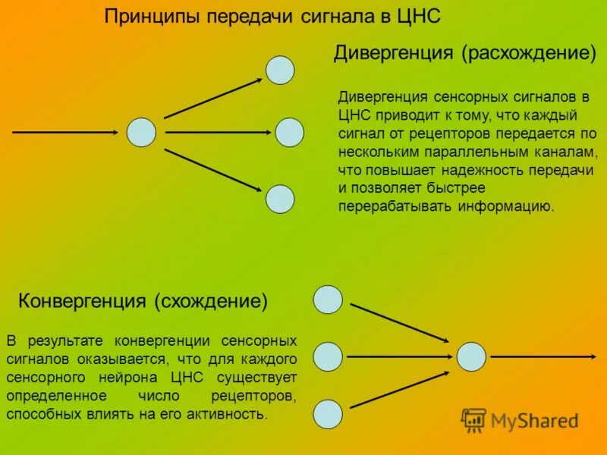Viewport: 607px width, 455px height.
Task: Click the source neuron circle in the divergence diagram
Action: point(141,132)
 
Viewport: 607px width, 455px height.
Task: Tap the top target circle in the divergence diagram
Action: point(279,70)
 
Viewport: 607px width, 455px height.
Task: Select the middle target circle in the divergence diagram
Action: point(289,133)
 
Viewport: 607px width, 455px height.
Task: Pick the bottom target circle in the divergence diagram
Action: point(280,198)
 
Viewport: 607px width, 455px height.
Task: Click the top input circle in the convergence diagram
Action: point(328,299)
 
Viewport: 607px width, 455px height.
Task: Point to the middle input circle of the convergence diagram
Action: point(328,356)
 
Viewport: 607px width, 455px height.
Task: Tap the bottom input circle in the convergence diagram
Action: point(328,413)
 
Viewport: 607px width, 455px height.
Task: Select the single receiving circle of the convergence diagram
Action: point(471,356)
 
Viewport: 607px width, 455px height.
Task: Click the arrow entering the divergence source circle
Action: point(65,132)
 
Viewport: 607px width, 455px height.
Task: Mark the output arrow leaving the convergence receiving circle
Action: point(542,356)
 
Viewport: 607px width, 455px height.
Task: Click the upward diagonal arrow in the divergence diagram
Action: point(213,98)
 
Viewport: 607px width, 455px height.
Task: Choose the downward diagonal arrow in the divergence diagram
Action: point(213,167)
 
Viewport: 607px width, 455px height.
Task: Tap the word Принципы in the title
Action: point(147,17)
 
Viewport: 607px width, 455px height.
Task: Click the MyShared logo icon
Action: point(474,419)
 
